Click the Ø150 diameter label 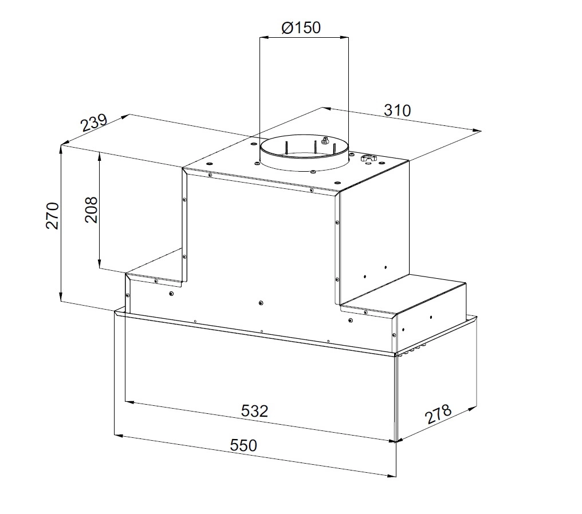point(301,28)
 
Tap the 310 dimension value point(397,110)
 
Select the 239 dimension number point(95,122)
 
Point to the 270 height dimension point(52,215)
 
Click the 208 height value point(91,209)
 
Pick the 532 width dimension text point(254,411)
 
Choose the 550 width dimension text point(243,445)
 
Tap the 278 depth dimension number point(438,414)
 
